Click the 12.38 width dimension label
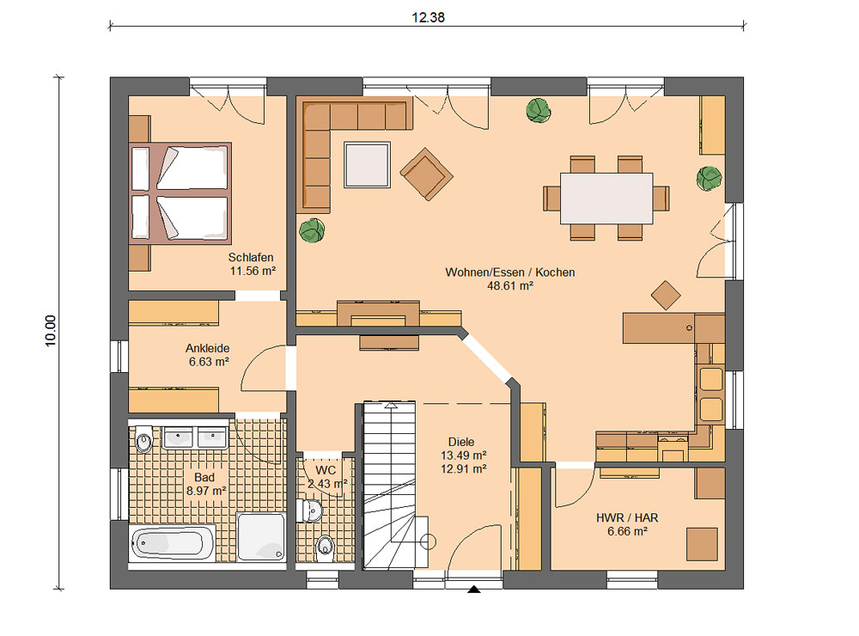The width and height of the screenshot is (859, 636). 428,17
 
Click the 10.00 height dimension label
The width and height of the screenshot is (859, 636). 51,331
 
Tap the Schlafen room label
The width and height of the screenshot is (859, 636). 251,257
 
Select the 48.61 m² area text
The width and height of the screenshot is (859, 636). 510,285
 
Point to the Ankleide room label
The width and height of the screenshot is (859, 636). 208,348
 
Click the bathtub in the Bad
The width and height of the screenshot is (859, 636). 172,543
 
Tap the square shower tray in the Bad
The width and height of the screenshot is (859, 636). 261,536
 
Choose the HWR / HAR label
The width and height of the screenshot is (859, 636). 627,517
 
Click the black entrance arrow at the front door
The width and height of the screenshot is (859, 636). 474,589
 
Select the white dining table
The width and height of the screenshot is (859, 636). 606,199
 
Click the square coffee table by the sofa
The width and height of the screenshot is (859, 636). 367,164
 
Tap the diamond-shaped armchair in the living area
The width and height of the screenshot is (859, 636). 426,174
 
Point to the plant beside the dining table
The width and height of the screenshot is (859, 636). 709,179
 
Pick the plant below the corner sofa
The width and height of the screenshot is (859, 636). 313,230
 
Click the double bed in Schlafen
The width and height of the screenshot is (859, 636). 180,193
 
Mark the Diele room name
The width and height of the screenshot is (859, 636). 461,442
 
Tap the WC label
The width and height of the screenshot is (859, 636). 326,470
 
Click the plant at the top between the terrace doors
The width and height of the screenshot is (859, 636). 539,110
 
